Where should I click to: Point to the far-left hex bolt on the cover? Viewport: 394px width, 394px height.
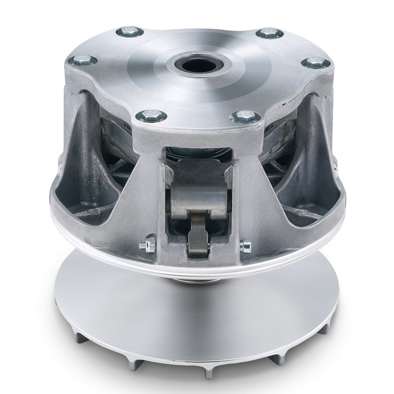coord(82,60)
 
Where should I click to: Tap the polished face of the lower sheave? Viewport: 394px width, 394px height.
coord(197,311)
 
